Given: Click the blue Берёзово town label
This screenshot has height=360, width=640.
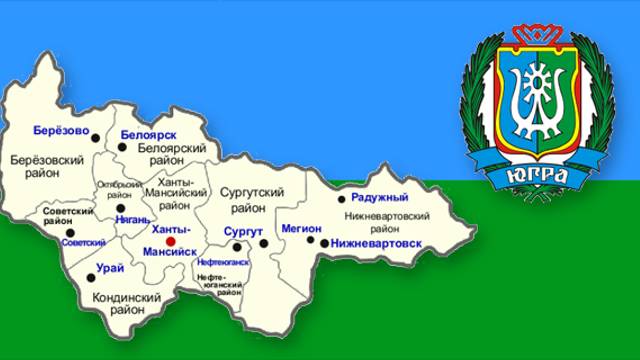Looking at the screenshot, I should click(61, 130).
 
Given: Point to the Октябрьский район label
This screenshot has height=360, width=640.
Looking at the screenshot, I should click(118, 190).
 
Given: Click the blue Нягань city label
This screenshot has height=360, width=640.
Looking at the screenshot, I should click(133, 219).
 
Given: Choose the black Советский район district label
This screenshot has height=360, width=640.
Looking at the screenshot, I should click(68, 217).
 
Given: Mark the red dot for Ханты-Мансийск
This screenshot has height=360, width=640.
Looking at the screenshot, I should click(170, 242).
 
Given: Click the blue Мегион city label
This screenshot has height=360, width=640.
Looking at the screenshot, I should click(301, 229).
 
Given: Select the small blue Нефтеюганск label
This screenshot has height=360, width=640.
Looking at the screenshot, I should click(223, 262).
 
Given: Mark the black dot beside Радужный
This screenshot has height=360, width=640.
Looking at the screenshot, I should click(341, 199).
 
